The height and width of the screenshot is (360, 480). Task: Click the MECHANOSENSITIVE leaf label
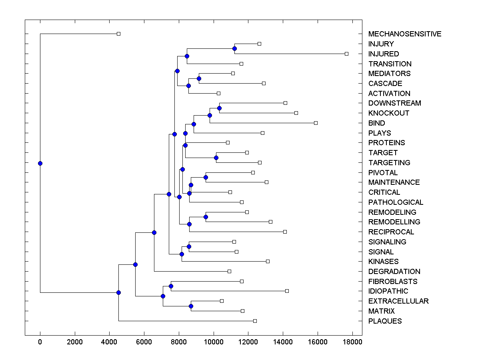click(404, 34)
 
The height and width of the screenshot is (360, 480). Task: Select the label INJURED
click(384, 54)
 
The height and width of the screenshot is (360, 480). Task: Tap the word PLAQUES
click(385, 321)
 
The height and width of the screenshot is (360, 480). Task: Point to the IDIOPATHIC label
click(388, 291)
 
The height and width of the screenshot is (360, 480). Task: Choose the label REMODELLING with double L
click(394, 222)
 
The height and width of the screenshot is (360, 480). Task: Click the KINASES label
click(383, 262)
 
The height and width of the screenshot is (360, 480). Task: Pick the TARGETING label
click(389, 163)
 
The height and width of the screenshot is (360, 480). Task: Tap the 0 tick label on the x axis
click(40, 342)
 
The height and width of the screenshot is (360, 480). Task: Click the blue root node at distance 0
click(40, 163)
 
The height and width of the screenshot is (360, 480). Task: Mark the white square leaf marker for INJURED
click(346, 54)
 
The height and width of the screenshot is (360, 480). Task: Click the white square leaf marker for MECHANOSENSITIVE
click(118, 34)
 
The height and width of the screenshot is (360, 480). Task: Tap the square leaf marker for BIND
click(316, 123)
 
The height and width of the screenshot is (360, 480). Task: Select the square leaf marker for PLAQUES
click(255, 321)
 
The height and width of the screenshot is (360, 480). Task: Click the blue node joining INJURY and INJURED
click(234, 49)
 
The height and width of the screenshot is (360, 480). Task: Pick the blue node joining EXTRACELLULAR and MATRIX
click(191, 306)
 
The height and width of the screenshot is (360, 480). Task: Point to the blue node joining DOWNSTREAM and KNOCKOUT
click(219, 108)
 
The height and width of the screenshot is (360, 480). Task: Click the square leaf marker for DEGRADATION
click(229, 271)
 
